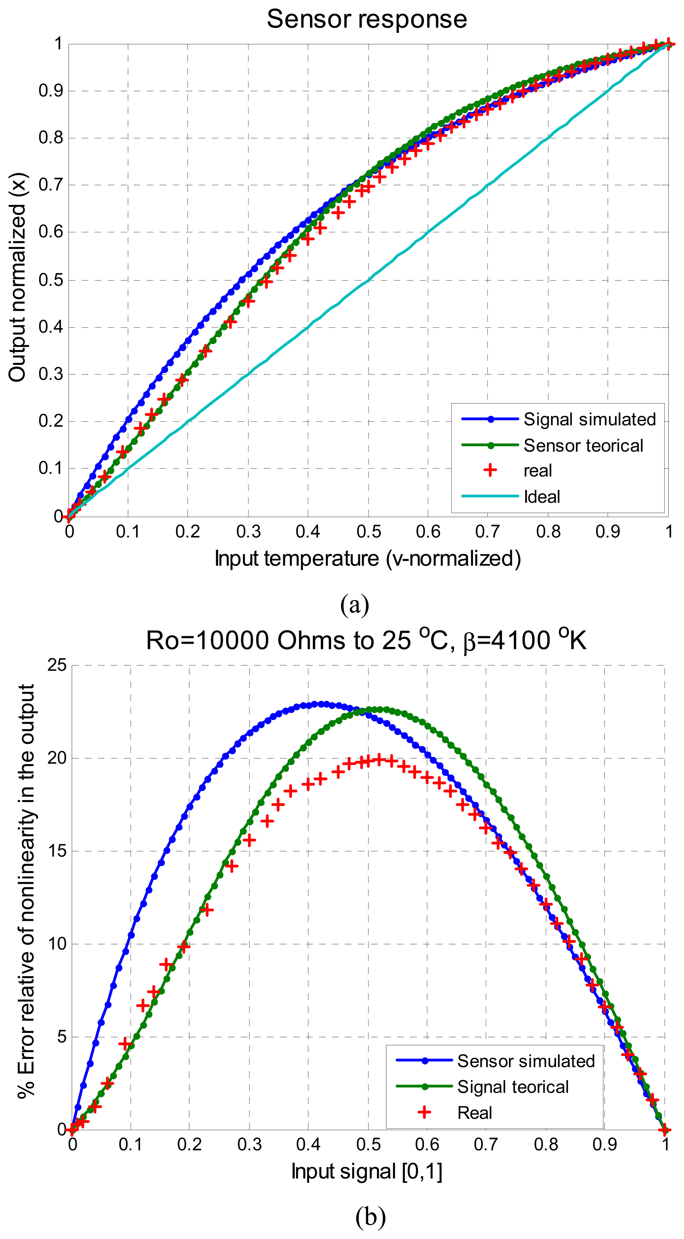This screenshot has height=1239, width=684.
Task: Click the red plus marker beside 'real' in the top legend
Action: pyautogui.click(x=490, y=470)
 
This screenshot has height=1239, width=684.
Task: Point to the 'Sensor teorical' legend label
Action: pyautogui.click(x=583, y=445)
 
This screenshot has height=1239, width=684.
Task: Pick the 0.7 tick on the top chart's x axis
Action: pyautogui.click(x=488, y=532)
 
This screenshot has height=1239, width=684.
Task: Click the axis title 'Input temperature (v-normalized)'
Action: pyautogui.click(x=367, y=558)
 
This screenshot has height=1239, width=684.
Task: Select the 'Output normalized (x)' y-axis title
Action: pyautogui.click(x=18, y=279)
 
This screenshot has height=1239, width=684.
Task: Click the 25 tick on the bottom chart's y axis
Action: pyautogui.click(x=57, y=666)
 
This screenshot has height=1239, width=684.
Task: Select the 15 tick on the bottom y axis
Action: pyautogui.click(x=57, y=851)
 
